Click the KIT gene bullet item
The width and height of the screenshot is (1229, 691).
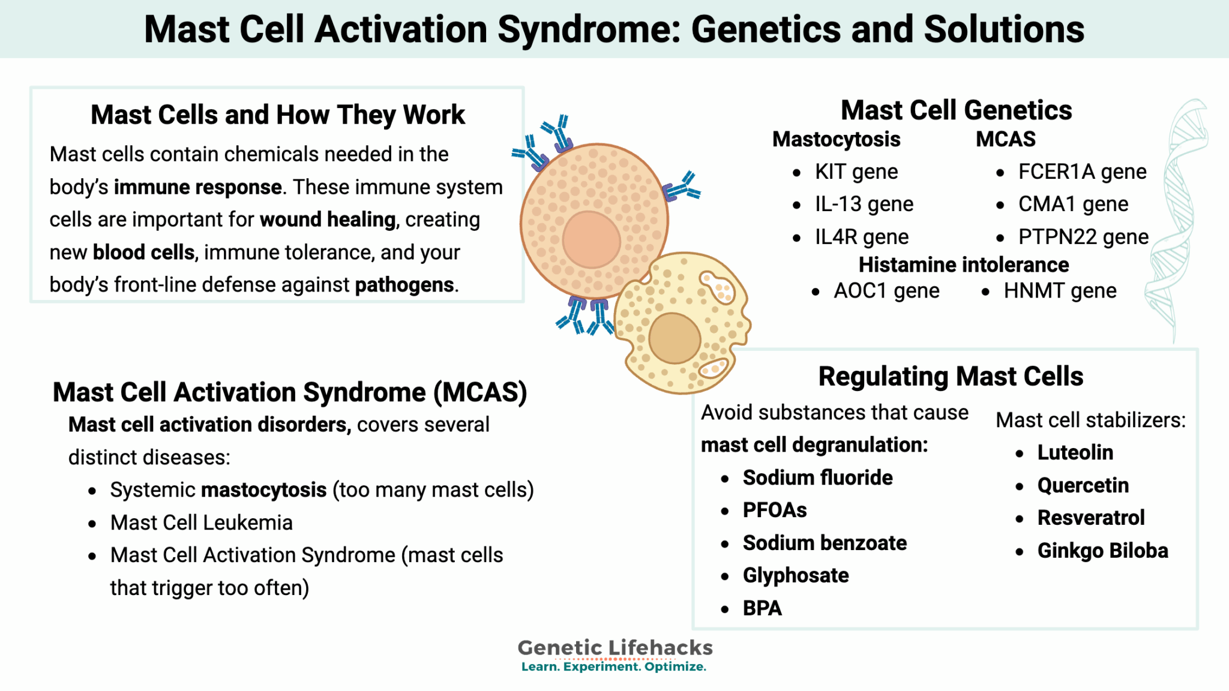pos(856,172)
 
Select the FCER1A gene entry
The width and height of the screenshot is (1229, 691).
pos(1082,172)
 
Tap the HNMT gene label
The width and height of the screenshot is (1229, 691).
pos(1060,291)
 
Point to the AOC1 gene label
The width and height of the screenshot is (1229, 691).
pos(886,291)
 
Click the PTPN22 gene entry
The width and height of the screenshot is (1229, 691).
pos(1083,237)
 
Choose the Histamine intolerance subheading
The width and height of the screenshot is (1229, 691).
pos(963,265)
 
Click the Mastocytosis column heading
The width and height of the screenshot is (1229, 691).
pos(836,139)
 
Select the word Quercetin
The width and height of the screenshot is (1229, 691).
pos(1083,485)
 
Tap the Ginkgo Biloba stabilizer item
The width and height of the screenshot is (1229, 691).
pos(1102,551)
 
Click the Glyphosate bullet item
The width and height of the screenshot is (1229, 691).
pos(795,576)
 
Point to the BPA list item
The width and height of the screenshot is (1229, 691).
pos(762,608)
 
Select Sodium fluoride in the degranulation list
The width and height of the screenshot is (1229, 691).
pos(817,478)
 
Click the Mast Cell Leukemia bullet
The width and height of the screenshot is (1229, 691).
pos(201,523)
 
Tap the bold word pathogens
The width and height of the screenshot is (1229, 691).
pos(404,285)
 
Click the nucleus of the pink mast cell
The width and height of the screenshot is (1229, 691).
pos(591,239)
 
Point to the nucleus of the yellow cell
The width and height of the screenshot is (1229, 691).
pos(675,338)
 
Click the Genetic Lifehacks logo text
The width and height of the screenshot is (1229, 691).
pos(614,648)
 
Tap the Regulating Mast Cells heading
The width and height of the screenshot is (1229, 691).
pos(951,377)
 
